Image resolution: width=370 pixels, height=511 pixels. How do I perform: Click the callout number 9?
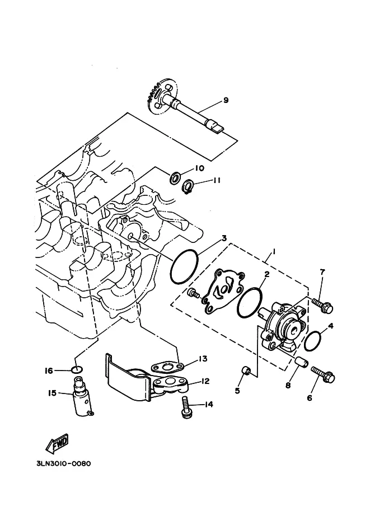(226, 100)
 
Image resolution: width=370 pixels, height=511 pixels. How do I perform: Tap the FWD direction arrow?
(57, 444)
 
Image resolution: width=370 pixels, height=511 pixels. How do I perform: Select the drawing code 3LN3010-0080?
(64, 463)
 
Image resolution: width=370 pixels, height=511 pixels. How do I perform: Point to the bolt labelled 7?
(322, 306)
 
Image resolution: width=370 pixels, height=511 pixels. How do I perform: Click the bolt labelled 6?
(323, 374)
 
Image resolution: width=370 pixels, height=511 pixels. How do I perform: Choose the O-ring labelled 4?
(312, 341)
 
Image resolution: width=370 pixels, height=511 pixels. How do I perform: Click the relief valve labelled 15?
(82, 396)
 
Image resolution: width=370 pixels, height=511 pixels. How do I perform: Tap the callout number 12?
(205, 381)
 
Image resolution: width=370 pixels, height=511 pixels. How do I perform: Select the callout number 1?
(274, 251)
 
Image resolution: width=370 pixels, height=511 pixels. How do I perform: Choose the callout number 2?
(266, 274)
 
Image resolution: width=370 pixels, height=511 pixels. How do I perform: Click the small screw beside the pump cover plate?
(194, 293)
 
